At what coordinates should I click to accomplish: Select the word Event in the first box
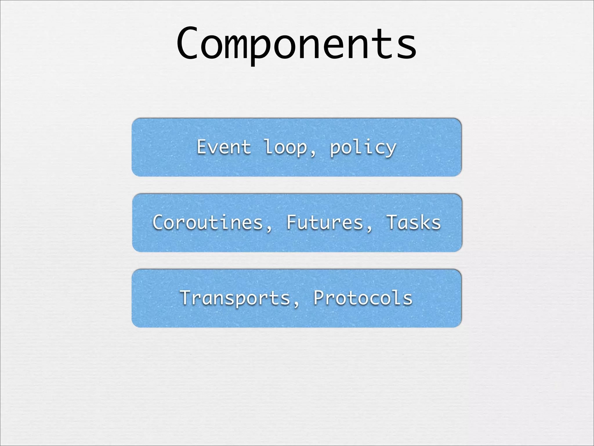(x=224, y=147)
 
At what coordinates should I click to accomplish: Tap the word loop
(x=286, y=147)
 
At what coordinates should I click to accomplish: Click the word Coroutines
(x=208, y=223)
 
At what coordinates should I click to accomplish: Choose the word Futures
(x=325, y=223)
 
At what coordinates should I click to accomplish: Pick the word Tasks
(x=413, y=223)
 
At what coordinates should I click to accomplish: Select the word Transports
(x=235, y=298)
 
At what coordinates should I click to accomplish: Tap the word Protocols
(x=363, y=298)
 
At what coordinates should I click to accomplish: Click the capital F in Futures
(x=292, y=222)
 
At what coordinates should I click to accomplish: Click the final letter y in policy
(x=390, y=149)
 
